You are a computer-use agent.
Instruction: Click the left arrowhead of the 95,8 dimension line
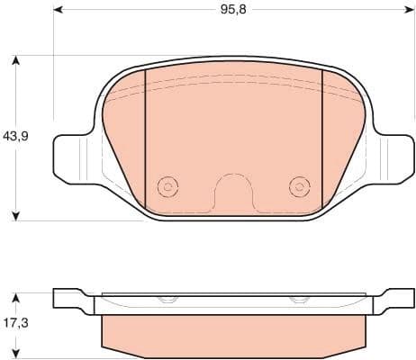59,10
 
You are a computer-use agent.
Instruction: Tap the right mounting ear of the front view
390,155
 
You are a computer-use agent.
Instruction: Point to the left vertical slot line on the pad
146,135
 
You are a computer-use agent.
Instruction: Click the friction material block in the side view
232,333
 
